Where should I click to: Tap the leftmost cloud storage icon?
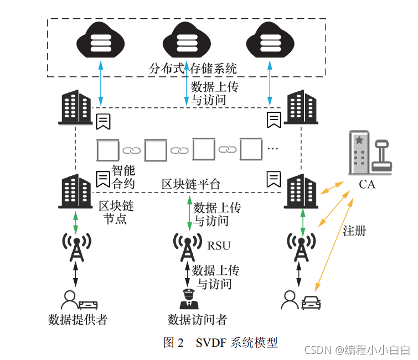pos(101,41)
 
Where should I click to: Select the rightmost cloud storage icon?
pos(270,41)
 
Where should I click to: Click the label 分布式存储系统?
pos(193,69)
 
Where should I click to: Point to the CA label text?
pos(367,184)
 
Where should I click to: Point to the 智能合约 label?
pos(123,176)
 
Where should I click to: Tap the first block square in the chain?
pos(107,149)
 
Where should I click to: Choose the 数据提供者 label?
pos(78,320)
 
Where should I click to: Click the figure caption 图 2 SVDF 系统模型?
pos(220,342)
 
